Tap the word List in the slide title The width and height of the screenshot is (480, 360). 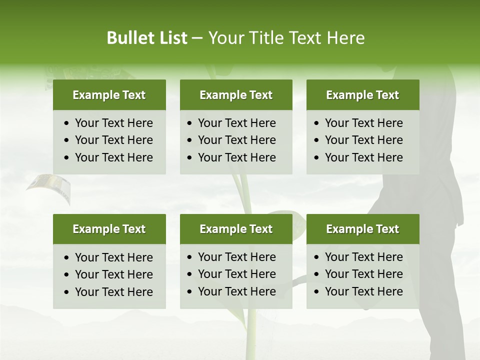point(171,38)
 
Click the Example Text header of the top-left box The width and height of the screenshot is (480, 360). point(109,95)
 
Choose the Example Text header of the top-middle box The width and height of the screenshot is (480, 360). point(236,95)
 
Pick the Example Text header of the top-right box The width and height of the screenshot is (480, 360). point(362,95)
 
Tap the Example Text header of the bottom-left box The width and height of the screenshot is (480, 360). point(109,229)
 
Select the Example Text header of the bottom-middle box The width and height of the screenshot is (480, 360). point(236,229)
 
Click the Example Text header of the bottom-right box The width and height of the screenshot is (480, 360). point(362,229)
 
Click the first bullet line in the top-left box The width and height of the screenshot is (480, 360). point(113,123)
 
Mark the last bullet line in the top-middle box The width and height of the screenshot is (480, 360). point(236,157)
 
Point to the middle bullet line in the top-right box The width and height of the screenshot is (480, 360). point(363,140)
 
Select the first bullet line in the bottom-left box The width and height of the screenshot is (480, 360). point(113,257)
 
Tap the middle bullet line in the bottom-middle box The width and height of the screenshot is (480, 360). point(236,274)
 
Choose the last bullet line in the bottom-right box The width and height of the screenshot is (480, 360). point(363,291)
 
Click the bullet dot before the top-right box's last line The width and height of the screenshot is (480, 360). point(317,157)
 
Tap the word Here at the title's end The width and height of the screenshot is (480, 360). point(345,38)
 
